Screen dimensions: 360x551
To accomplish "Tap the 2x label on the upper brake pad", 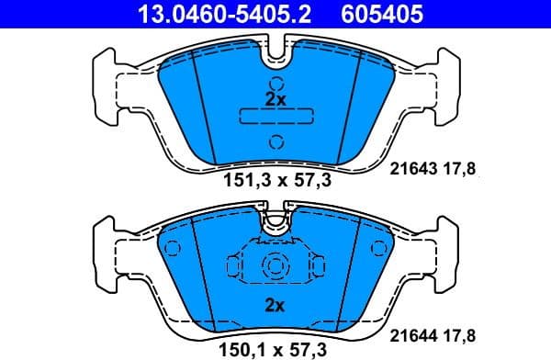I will click(x=275, y=98).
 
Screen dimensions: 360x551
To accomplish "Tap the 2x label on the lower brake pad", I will click(x=275, y=304).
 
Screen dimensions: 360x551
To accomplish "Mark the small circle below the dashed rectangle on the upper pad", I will click(x=275, y=141).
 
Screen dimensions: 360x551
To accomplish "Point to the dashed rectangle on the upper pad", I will click(x=275, y=117).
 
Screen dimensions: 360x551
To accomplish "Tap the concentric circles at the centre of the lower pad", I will click(x=275, y=266).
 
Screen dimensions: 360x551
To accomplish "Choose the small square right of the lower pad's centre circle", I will click(x=318, y=266).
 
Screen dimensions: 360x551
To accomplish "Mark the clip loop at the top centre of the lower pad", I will click(x=275, y=221).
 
